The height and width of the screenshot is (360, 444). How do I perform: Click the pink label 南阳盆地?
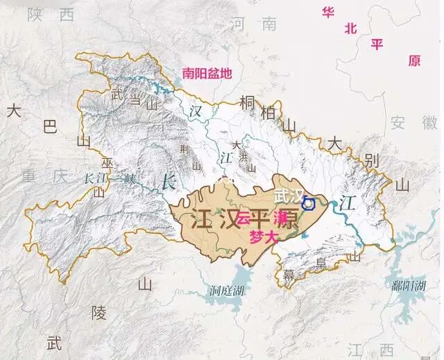(207, 71)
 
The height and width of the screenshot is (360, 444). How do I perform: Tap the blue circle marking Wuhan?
(309, 203)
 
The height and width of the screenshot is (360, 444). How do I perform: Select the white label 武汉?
(288, 196)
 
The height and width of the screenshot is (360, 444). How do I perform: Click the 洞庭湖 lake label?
(227, 291)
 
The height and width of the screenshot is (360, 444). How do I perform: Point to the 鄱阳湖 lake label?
(406, 285)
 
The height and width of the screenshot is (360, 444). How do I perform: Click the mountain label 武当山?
(133, 101)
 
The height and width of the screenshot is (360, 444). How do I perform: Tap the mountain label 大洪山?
(243, 156)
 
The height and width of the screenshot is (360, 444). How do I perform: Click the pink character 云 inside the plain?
(243, 217)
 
